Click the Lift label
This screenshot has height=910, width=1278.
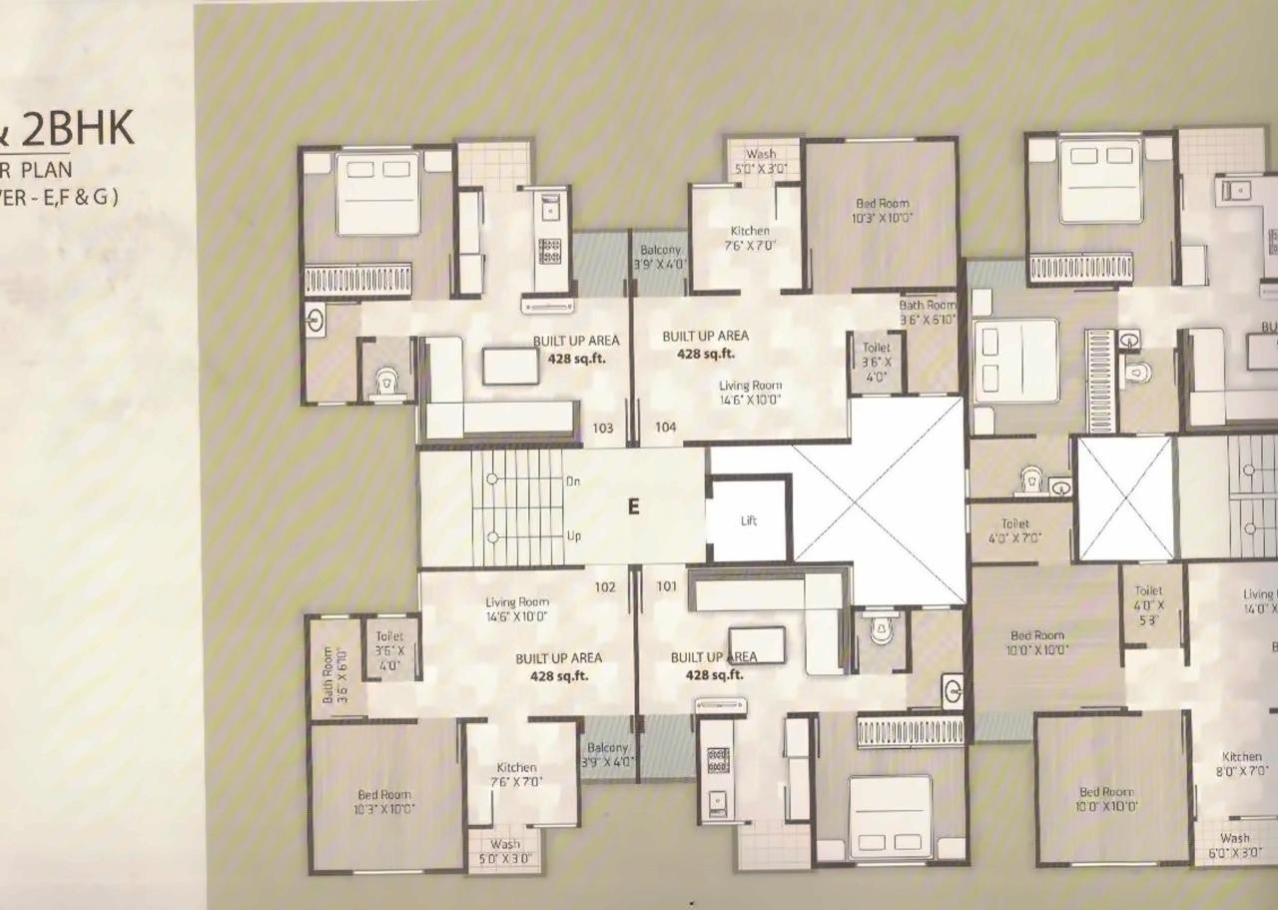point(749,520)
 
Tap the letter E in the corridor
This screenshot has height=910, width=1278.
point(632,506)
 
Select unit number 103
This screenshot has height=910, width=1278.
point(603,429)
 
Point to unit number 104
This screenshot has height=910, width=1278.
point(666,428)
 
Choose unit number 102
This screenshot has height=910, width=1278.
point(605,587)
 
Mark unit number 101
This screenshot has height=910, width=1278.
point(667,587)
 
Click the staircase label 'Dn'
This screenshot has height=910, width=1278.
point(573,480)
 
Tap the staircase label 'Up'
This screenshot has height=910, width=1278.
point(574,536)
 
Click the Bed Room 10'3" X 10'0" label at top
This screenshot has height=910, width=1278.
point(882,210)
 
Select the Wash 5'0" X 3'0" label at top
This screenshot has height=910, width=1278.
point(761,162)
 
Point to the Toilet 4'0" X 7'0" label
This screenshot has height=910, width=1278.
point(1014,529)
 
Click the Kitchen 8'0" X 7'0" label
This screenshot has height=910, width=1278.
point(1242,763)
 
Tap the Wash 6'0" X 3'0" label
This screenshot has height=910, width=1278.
point(1234,845)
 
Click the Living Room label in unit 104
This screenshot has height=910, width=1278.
point(750,392)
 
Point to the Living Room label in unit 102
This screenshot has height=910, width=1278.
point(516,609)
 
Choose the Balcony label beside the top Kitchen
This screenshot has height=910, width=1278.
point(660,257)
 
